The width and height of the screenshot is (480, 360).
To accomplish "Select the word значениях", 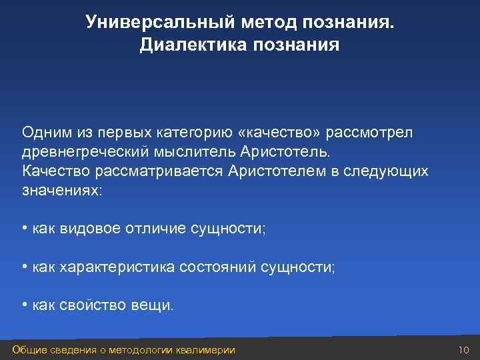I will (x=61, y=190).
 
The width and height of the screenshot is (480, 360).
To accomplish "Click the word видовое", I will (x=89, y=229).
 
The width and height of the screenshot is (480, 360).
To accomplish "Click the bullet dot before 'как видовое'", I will (x=24, y=229).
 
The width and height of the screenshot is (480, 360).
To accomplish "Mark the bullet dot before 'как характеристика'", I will (x=24, y=267).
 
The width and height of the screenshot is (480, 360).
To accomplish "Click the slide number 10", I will (x=465, y=350).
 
